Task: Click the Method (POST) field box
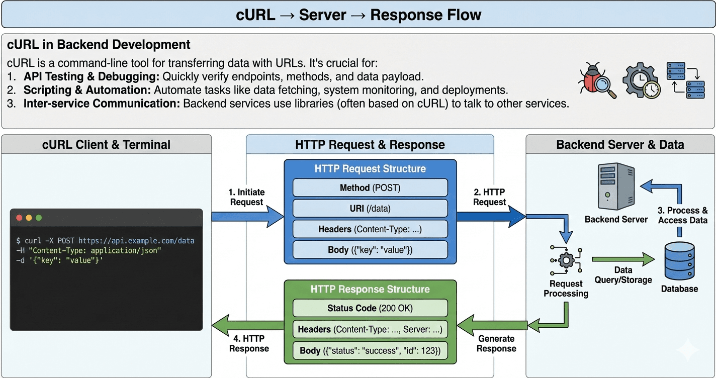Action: (x=370, y=188)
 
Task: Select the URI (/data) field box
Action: (x=370, y=209)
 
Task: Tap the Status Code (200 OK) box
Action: (x=370, y=308)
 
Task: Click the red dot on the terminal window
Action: (x=20, y=218)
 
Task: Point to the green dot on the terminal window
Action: (x=39, y=218)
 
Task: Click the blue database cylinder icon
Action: (x=679, y=261)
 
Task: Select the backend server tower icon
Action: (x=616, y=186)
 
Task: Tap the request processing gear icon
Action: (x=567, y=260)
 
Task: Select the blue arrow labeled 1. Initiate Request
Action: (x=247, y=216)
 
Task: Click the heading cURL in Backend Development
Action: (x=99, y=45)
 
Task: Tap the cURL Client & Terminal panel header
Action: (x=106, y=145)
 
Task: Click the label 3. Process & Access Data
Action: (x=682, y=215)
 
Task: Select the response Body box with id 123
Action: (x=370, y=350)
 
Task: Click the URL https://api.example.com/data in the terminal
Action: (x=136, y=241)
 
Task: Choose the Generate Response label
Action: (x=496, y=343)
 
